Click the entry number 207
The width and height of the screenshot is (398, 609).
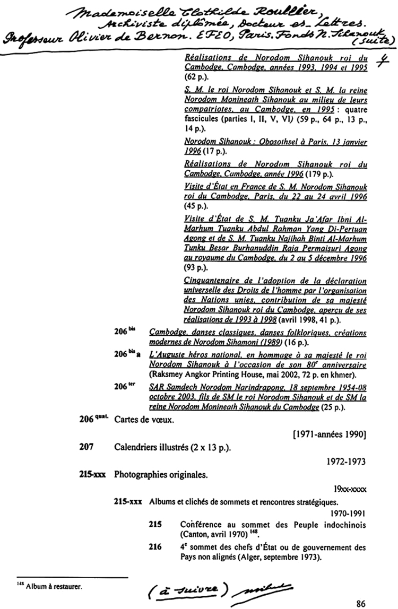(86, 447)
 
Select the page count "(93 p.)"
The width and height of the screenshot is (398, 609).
(192, 266)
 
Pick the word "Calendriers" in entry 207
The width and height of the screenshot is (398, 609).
(137, 447)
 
